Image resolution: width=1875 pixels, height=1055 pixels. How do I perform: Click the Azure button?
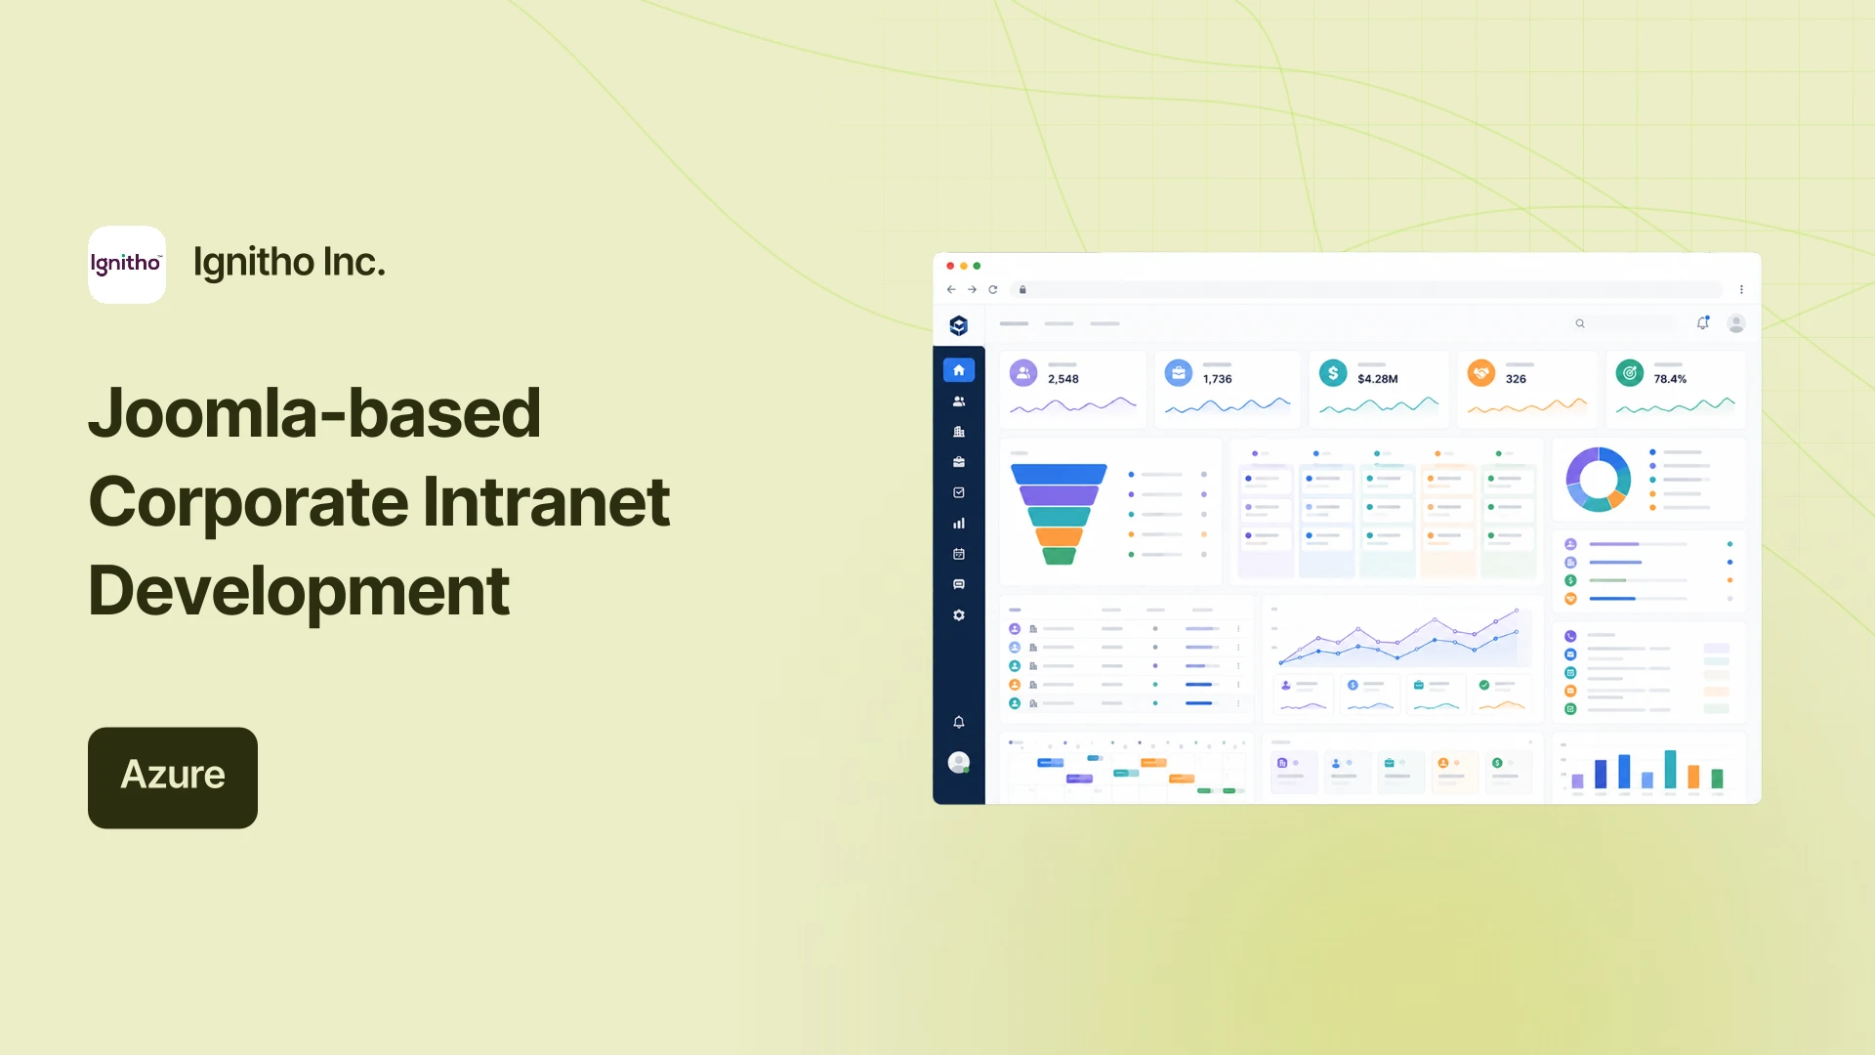(x=173, y=778)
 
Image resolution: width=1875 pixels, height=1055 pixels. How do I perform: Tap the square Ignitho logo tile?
(x=127, y=265)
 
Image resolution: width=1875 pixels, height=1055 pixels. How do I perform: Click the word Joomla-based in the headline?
(x=314, y=413)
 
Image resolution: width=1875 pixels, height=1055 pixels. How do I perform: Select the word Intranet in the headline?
(x=546, y=502)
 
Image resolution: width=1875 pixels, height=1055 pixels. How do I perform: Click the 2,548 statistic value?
(x=1063, y=379)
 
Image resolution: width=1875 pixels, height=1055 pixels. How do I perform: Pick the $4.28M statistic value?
(x=1377, y=379)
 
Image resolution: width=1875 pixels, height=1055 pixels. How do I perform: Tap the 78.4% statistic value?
(x=1670, y=379)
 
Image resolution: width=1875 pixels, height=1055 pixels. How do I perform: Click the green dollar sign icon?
(x=1333, y=373)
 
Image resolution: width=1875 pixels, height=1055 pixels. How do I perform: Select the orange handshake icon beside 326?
(x=1481, y=373)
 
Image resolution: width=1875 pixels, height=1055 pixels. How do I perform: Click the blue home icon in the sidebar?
(x=959, y=370)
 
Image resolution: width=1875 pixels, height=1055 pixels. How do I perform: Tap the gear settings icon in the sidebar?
(x=959, y=615)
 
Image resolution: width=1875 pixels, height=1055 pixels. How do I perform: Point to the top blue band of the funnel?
(x=1059, y=474)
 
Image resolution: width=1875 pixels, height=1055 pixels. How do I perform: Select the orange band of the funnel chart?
(x=1059, y=536)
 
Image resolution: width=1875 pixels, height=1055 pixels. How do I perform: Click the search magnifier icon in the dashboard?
(x=1580, y=323)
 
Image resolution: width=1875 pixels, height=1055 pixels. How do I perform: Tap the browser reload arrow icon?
(x=993, y=289)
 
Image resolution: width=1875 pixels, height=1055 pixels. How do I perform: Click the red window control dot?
(x=950, y=266)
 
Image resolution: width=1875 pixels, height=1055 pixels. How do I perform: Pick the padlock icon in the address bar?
(x=1022, y=289)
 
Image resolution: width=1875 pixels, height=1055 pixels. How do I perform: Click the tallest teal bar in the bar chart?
(x=1671, y=769)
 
